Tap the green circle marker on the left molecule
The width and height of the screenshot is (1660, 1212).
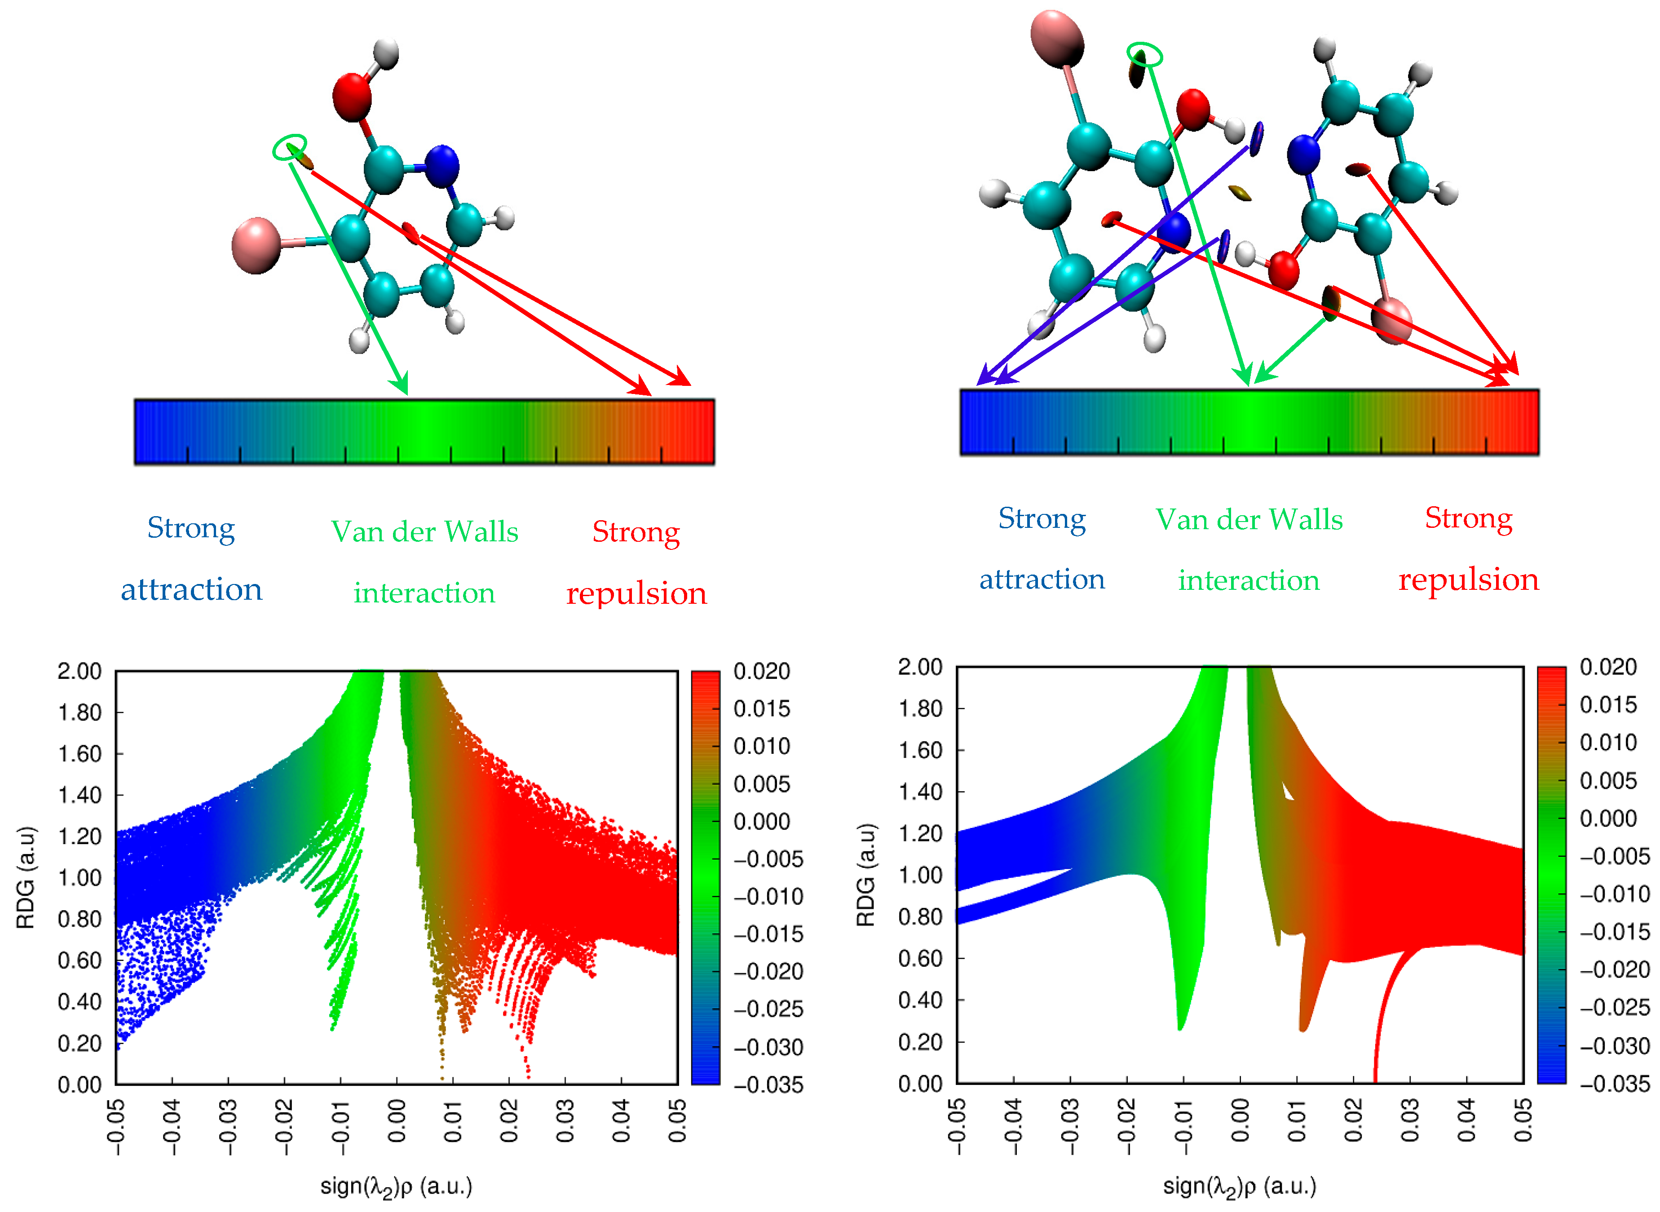tap(290, 147)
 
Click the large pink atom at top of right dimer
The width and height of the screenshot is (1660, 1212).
tap(1057, 37)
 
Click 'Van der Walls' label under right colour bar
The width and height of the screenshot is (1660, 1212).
tap(1249, 519)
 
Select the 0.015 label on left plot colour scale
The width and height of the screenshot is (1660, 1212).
tap(761, 709)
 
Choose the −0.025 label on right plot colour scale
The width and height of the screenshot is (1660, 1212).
tap(1614, 1007)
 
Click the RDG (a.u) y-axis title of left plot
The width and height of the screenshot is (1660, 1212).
tap(25, 877)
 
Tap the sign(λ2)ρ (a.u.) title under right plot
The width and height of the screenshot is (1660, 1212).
tap(1239, 1186)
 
